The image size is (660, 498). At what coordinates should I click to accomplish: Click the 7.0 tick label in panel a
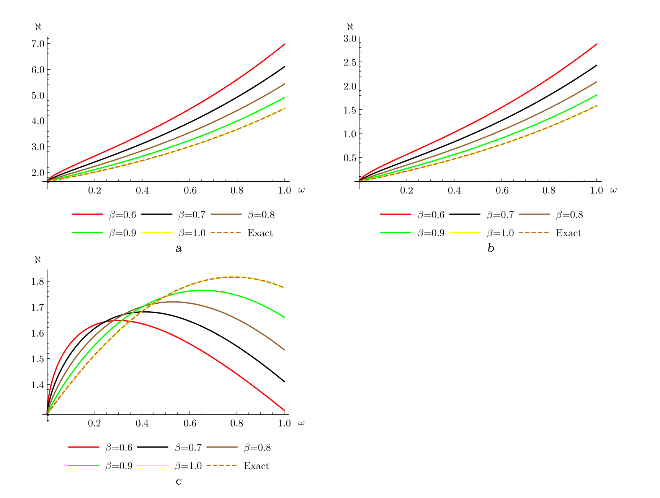(38, 44)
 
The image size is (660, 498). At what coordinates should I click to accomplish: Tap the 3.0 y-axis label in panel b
(351, 38)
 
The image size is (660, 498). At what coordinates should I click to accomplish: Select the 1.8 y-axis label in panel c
(38, 282)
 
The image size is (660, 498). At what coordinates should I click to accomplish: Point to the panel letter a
(178, 249)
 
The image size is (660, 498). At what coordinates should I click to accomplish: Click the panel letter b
(491, 249)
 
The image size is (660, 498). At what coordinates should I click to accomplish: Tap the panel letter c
(178, 481)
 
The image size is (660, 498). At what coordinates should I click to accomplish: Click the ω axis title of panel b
(613, 190)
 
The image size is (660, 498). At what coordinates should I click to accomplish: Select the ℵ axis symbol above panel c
(38, 259)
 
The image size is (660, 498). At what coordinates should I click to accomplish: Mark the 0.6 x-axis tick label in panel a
(190, 190)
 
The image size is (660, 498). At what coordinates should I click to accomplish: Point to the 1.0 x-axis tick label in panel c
(284, 423)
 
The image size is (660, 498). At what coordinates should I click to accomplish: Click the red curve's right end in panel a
(284, 44)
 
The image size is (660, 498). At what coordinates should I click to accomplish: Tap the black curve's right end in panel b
(596, 65)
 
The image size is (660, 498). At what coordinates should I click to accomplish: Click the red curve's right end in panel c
(284, 410)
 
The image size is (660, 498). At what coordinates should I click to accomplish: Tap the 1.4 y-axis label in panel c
(38, 385)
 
